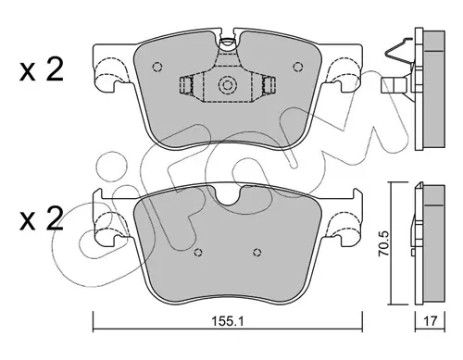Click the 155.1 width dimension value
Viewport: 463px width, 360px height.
228,321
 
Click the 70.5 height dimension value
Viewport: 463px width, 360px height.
384,243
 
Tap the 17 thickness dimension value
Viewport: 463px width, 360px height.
431,321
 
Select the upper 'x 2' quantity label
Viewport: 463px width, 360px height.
42,69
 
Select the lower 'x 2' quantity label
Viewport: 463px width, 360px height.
42,218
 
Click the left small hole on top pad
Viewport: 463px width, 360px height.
157,67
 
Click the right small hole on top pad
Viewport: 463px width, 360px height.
298,67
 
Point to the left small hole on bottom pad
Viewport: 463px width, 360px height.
198,253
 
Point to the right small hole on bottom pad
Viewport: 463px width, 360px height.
257,253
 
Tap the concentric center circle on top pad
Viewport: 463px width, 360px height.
228,85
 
